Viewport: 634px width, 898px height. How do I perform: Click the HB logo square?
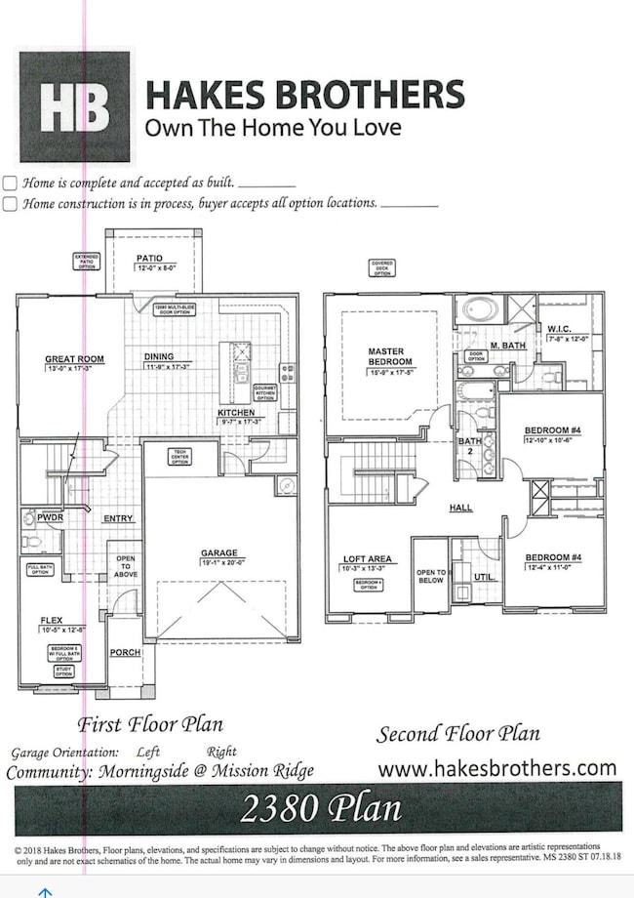pyautogui.click(x=75, y=106)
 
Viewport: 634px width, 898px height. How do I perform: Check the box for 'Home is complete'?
pyautogui.click(x=10, y=183)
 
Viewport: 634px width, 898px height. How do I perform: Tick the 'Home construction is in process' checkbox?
pyautogui.click(x=10, y=204)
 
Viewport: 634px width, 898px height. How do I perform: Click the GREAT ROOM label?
pyautogui.click(x=74, y=359)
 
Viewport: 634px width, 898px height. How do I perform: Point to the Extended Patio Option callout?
pyautogui.click(x=87, y=261)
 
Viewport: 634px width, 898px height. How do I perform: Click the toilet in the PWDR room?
pyautogui.click(x=31, y=540)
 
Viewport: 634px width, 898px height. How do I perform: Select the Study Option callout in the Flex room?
pyautogui.click(x=63, y=673)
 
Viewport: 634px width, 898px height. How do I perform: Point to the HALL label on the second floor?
pyautogui.click(x=460, y=509)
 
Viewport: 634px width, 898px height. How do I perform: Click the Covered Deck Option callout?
pyautogui.click(x=381, y=267)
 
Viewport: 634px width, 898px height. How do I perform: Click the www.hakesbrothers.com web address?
pyautogui.click(x=496, y=768)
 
